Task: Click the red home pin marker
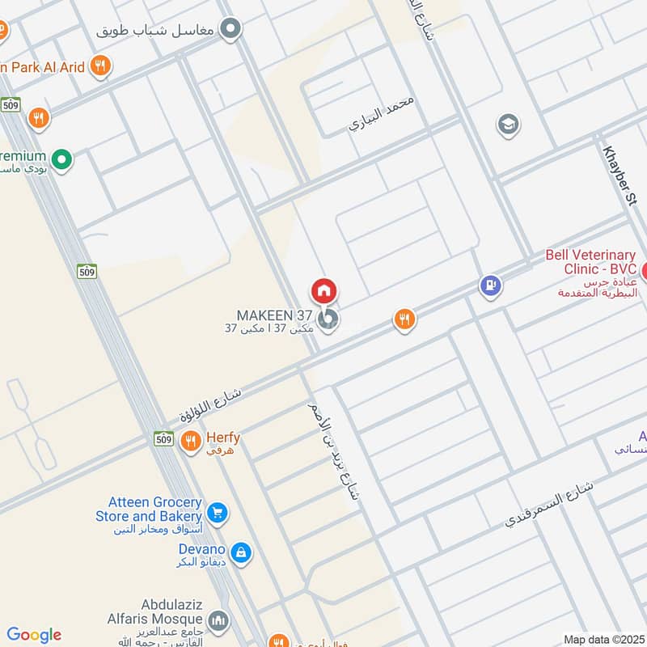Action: (x=323, y=291)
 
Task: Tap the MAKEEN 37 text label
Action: (x=274, y=315)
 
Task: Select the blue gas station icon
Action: (x=489, y=285)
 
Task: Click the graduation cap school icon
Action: (x=509, y=125)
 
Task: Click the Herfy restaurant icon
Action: (x=191, y=442)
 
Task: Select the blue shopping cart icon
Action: (x=216, y=512)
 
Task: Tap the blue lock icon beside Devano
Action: (x=239, y=553)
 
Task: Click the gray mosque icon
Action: (x=218, y=621)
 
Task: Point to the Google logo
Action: (x=34, y=635)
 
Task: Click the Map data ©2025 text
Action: (x=602, y=639)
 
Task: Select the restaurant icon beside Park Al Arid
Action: (x=100, y=66)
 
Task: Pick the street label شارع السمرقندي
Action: (x=549, y=504)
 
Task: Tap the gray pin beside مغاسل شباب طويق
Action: (x=231, y=30)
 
